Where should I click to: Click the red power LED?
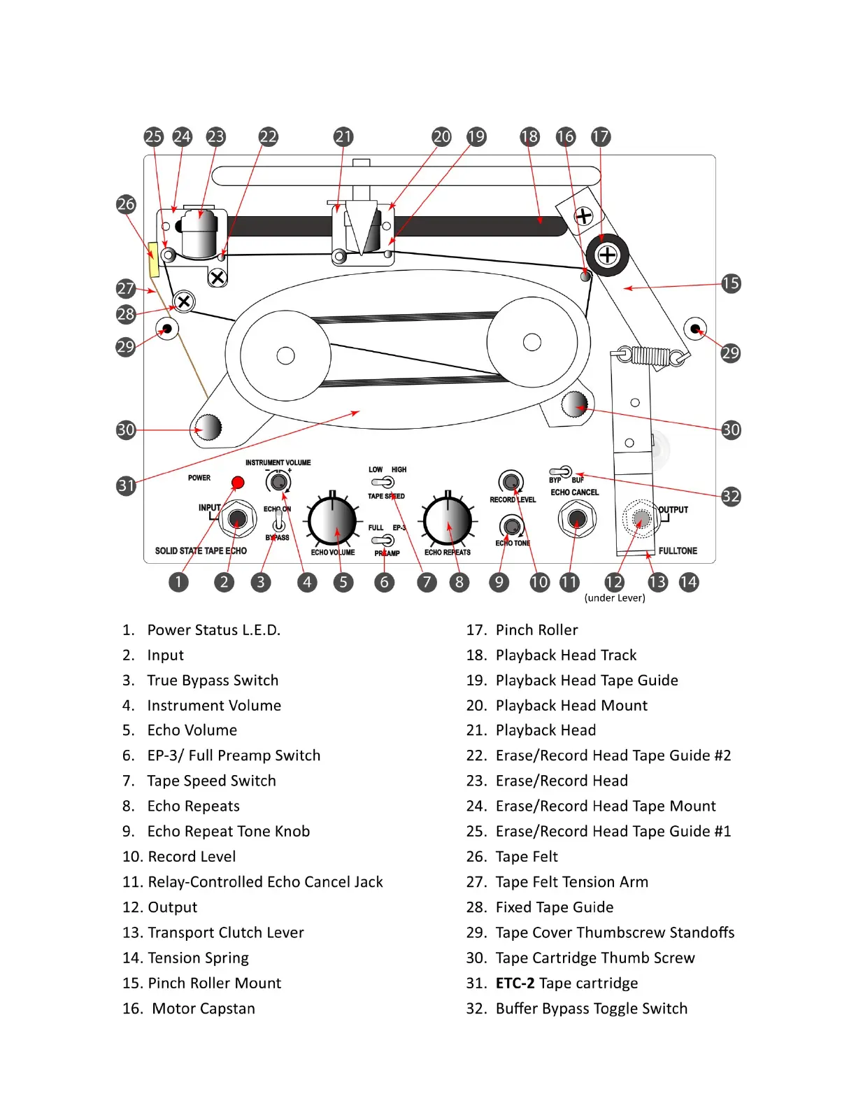pyautogui.click(x=238, y=482)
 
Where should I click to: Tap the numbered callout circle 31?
pyautogui.click(x=126, y=485)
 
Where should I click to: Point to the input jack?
pyautogui.click(x=237, y=519)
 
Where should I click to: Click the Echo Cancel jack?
pyautogui.click(x=577, y=519)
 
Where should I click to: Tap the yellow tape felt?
pyautogui.click(x=153, y=260)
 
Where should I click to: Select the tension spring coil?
pyautogui.click(x=650, y=356)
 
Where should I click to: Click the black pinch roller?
pyautogui.click(x=607, y=255)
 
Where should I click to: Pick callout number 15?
pyautogui.click(x=731, y=283)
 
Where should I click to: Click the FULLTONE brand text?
pyautogui.click(x=678, y=551)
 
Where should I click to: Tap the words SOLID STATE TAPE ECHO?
pyautogui.click(x=201, y=551)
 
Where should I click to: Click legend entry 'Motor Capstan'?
pyautogui.click(x=203, y=1009)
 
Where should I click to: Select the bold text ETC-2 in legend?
pyautogui.click(x=515, y=983)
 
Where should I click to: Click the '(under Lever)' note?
pyautogui.click(x=615, y=598)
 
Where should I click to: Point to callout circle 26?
pyautogui.click(x=126, y=204)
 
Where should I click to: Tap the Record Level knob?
pyautogui.click(x=511, y=482)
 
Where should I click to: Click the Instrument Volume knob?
pyautogui.click(x=278, y=481)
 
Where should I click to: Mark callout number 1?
pyautogui.click(x=178, y=582)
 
